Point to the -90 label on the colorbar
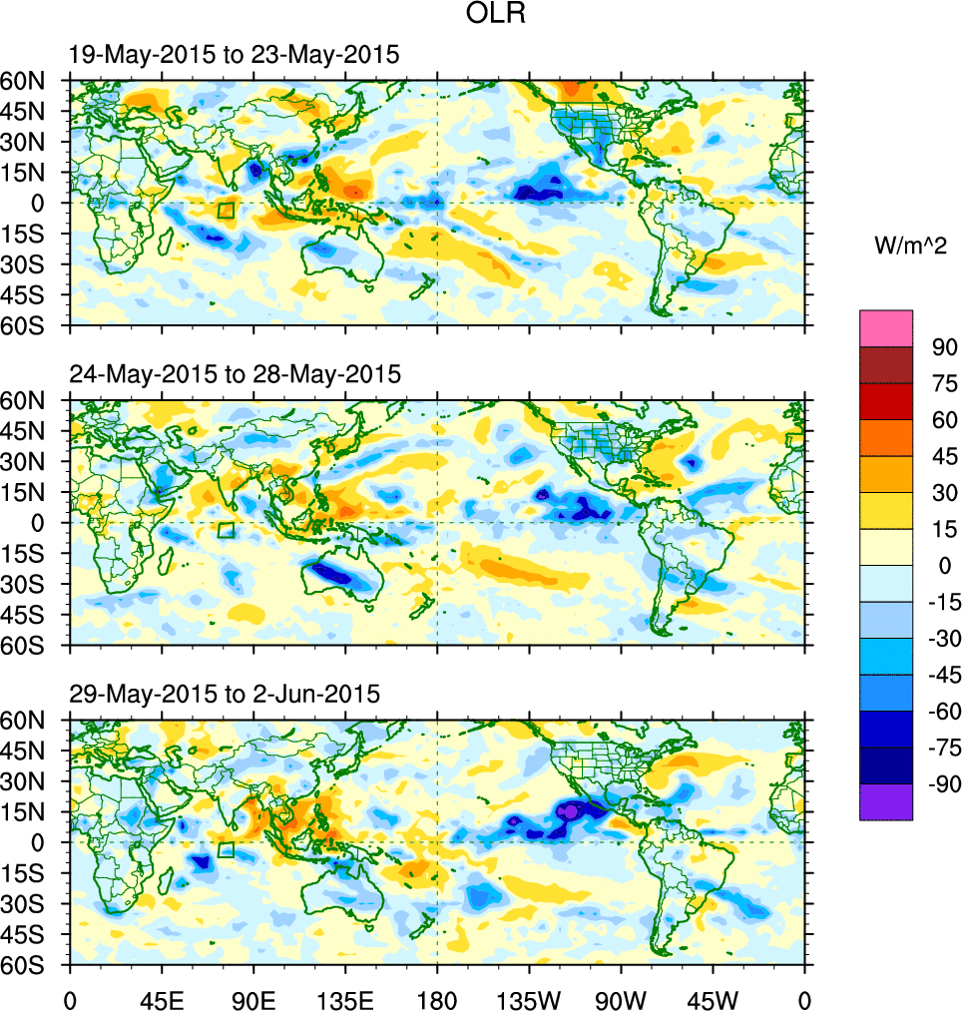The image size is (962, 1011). point(940,784)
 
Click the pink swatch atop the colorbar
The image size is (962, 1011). point(886,327)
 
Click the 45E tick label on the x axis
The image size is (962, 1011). point(162,998)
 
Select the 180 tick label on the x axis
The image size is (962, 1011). point(437,998)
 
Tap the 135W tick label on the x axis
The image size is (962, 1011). point(529,998)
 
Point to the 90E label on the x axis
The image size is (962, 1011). point(253,998)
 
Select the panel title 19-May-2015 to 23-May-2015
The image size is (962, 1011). point(235,55)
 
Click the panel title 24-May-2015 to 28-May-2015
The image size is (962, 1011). point(235,374)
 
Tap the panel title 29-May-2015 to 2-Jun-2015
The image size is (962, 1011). point(225,694)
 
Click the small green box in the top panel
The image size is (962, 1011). point(226,210)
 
